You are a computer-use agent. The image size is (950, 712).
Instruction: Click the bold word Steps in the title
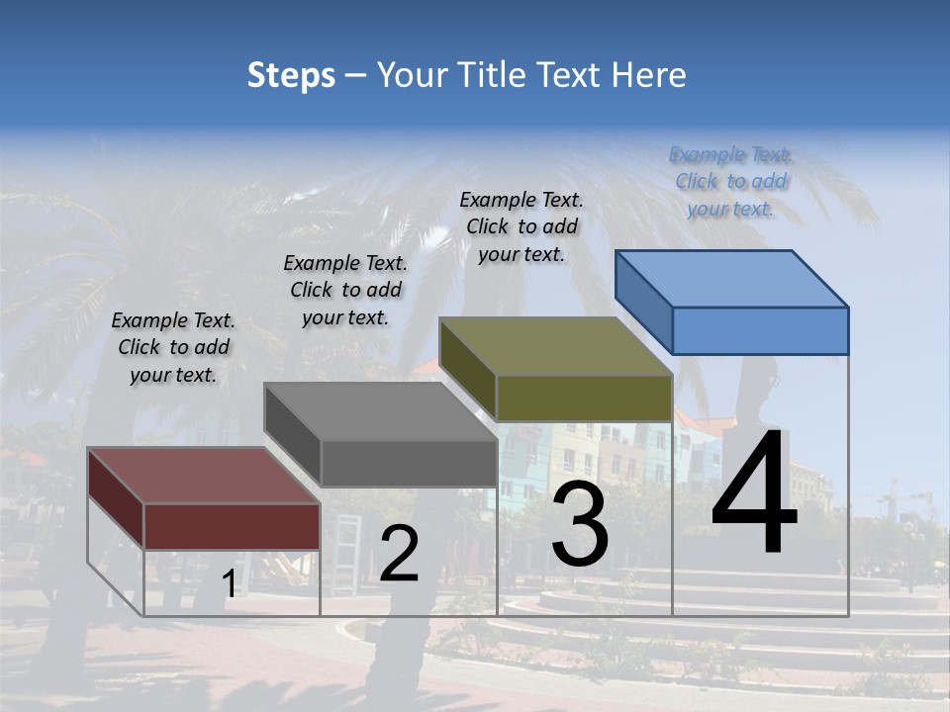click(x=291, y=75)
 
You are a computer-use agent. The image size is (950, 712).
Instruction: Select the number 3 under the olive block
click(x=580, y=524)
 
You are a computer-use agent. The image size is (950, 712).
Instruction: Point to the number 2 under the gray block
click(x=399, y=554)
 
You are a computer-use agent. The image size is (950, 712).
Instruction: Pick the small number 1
click(x=229, y=584)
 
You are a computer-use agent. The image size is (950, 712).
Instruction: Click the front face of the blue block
click(x=760, y=330)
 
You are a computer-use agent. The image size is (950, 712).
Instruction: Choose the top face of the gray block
click(x=380, y=411)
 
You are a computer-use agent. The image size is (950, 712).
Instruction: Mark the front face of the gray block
click(x=408, y=463)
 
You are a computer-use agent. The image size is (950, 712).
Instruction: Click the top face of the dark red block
click(x=203, y=476)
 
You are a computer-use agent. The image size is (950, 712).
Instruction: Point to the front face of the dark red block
click(x=232, y=526)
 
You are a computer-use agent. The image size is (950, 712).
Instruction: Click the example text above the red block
click(x=174, y=347)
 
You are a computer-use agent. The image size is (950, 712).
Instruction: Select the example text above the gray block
click(x=345, y=290)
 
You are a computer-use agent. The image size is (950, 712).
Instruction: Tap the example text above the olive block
click(x=522, y=226)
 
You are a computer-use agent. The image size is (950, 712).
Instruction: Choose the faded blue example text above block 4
click(x=730, y=181)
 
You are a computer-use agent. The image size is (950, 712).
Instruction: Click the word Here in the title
click(x=649, y=75)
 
